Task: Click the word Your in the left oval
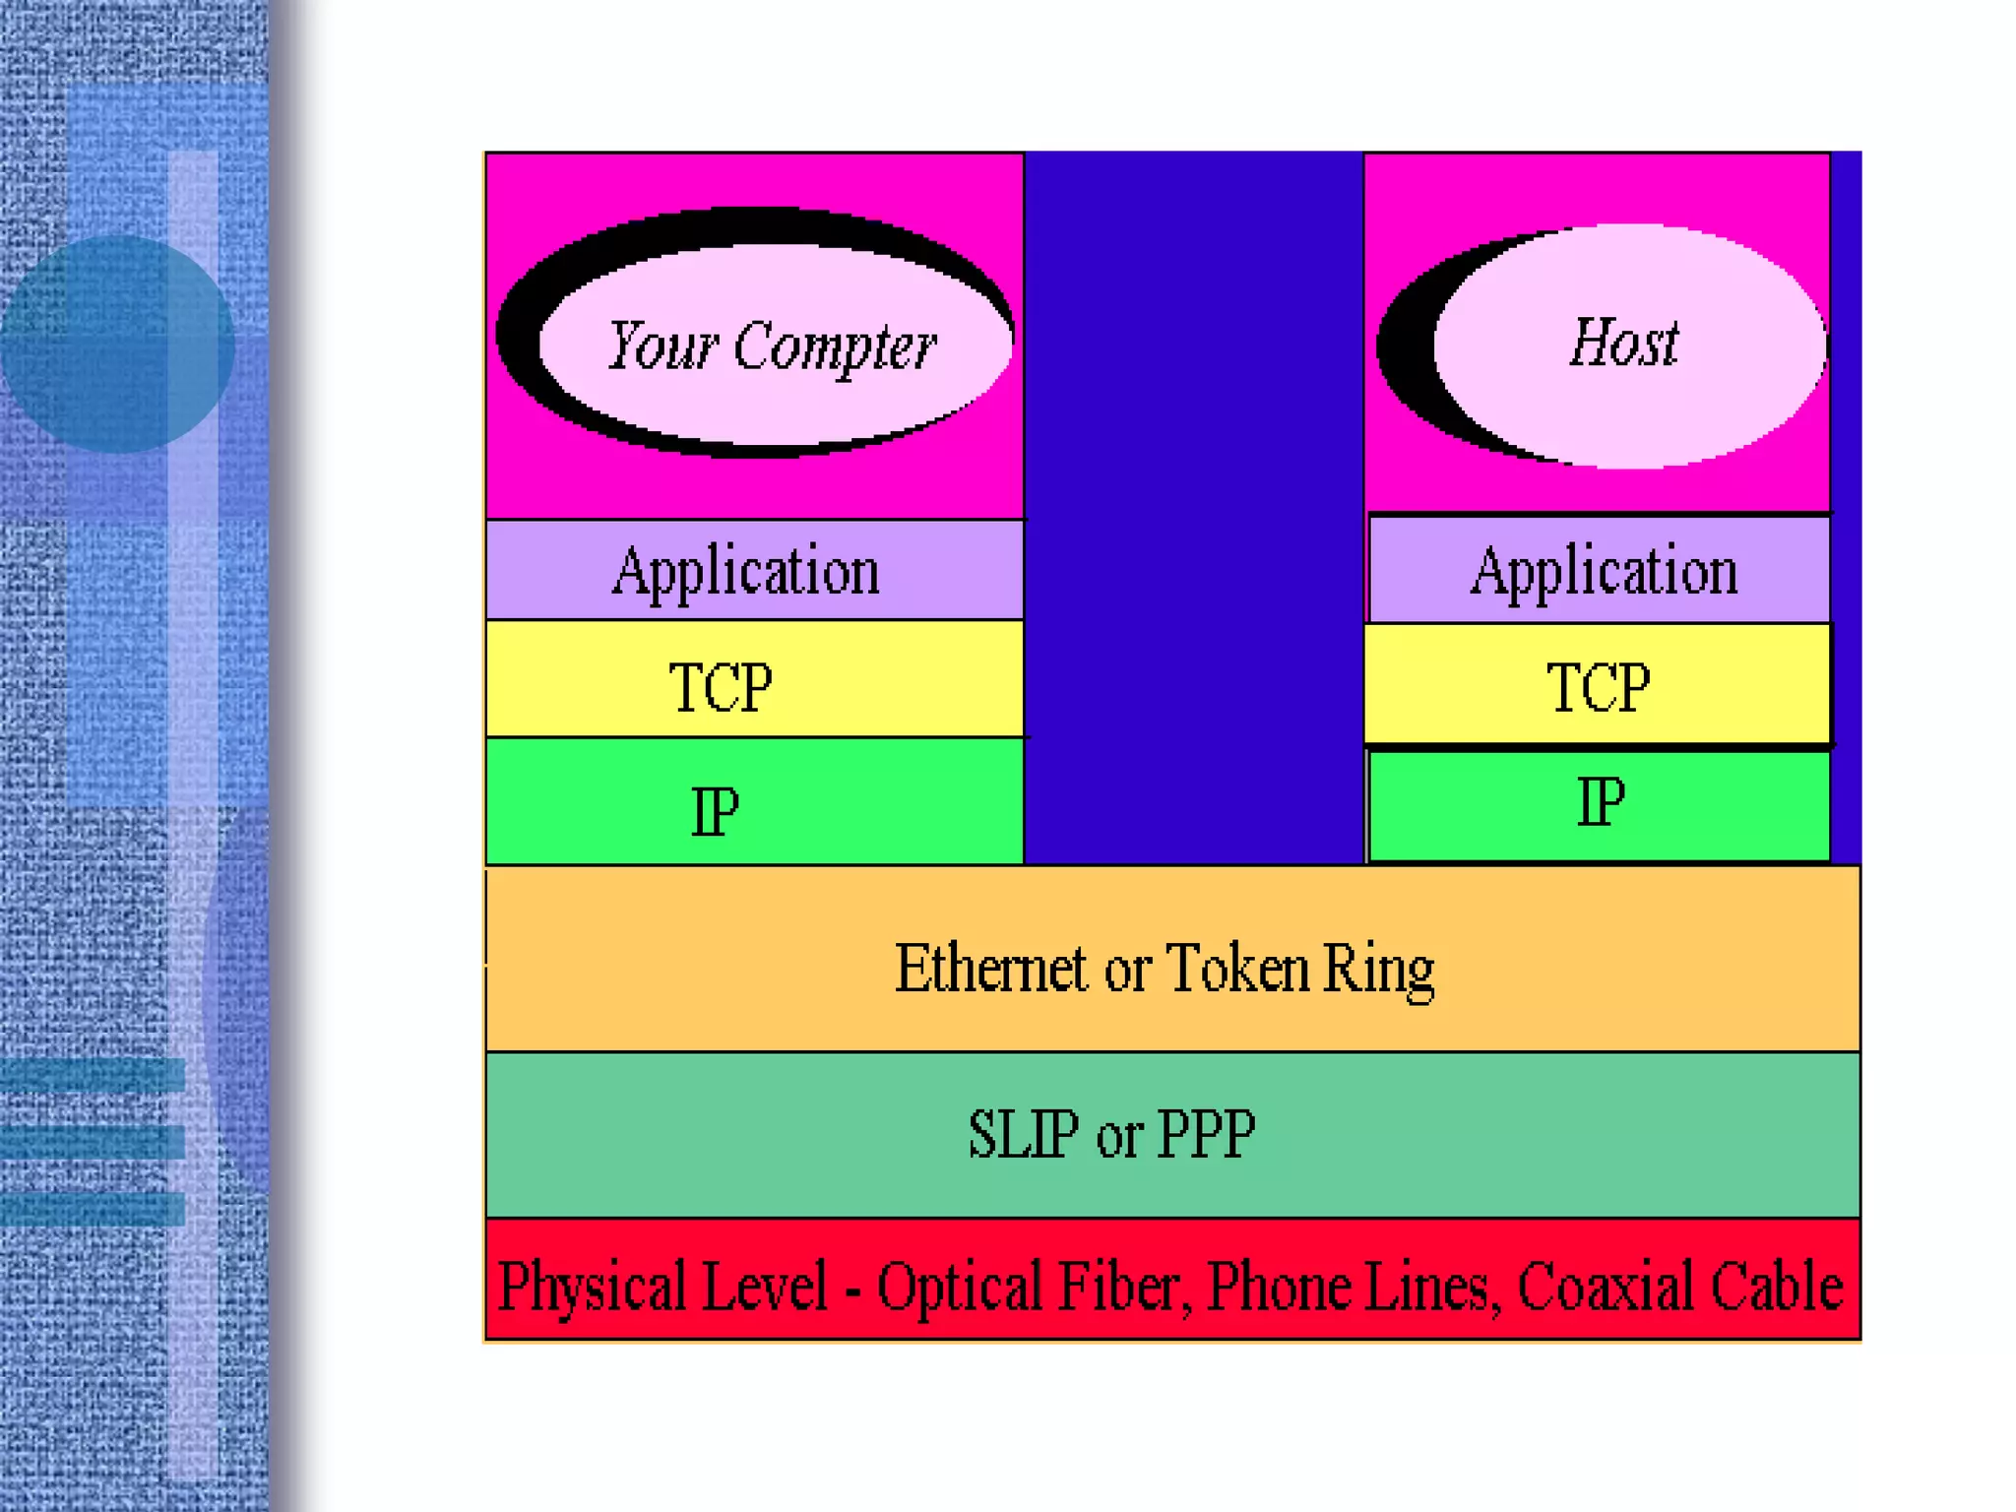662,346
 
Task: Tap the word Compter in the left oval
834,347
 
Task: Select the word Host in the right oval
1623,343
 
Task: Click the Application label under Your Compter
745,571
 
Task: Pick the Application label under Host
1604,571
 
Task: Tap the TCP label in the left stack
721,687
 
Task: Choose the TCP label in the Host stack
1598,687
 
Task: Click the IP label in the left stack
715,812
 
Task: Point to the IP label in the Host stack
1601,802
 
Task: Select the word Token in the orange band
1237,969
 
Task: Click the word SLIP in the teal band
1023,1134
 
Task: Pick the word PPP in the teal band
1206,1134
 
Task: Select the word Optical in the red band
951,1288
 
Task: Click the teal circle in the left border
118,344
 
